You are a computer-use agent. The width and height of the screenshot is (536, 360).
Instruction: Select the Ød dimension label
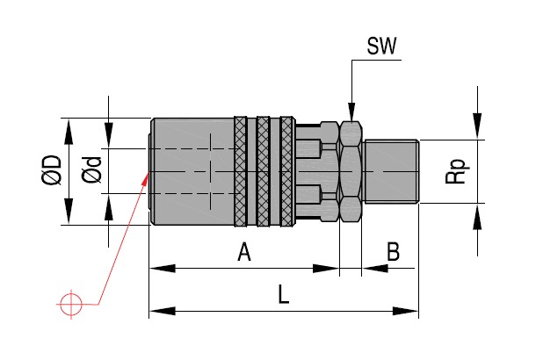pos(91,170)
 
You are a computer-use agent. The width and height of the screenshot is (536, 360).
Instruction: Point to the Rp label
pos(454,171)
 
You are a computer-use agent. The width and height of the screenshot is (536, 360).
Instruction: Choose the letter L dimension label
pos(283,295)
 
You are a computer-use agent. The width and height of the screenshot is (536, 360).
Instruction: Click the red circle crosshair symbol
pos(69,304)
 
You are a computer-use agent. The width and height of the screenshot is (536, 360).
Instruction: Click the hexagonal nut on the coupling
pos(351,171)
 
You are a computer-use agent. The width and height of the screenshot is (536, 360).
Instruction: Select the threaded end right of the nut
pos(391,171)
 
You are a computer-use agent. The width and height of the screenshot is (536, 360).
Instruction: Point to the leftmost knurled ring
pos(241,171)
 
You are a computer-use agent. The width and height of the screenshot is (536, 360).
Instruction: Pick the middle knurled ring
pos(264,171)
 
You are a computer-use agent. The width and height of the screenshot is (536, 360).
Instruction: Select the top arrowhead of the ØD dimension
pos(69,124)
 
